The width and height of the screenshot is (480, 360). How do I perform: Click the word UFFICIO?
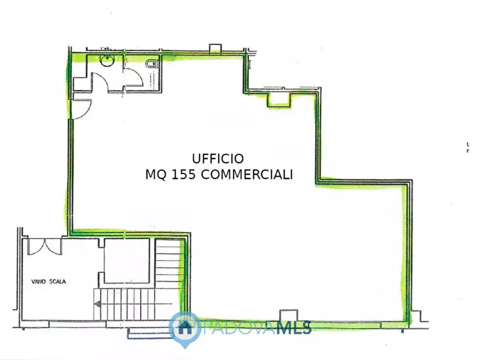point(218,159)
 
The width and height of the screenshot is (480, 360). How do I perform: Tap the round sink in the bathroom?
point(108,61)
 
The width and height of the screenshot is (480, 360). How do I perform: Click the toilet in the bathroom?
point(152,65)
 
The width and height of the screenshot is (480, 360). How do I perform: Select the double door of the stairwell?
point(45,246)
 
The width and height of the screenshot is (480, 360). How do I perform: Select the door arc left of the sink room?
point(99,81)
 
